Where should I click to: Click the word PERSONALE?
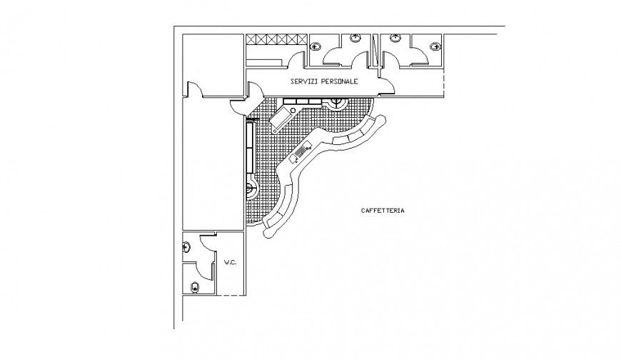(339, 82)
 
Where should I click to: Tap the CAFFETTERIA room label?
(383, 211)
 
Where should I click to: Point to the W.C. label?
(230, 263)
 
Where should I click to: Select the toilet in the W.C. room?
(196, 288)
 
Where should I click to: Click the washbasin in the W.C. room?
(187, 247)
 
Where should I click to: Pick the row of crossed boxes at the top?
(277, 40)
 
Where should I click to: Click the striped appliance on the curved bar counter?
(302, 152)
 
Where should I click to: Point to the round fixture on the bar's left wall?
(252, 190)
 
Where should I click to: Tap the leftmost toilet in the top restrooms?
(316, 47)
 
